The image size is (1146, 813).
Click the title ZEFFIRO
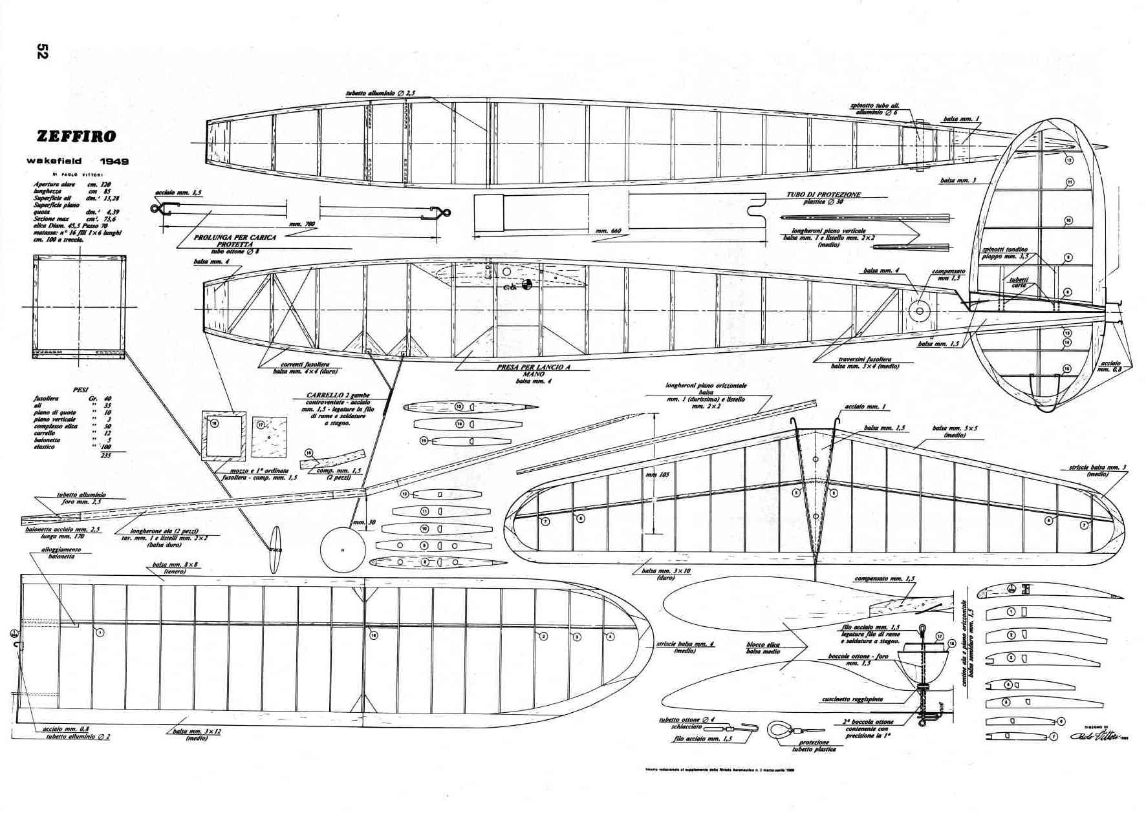[x=76, y=136]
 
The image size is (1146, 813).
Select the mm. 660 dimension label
[x=602, y=231]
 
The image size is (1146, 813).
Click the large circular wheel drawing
[x=343, y=549]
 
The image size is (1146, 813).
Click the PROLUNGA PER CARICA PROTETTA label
[x=235, y=240]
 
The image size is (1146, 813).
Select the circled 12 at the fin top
[x=1068, y=160]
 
